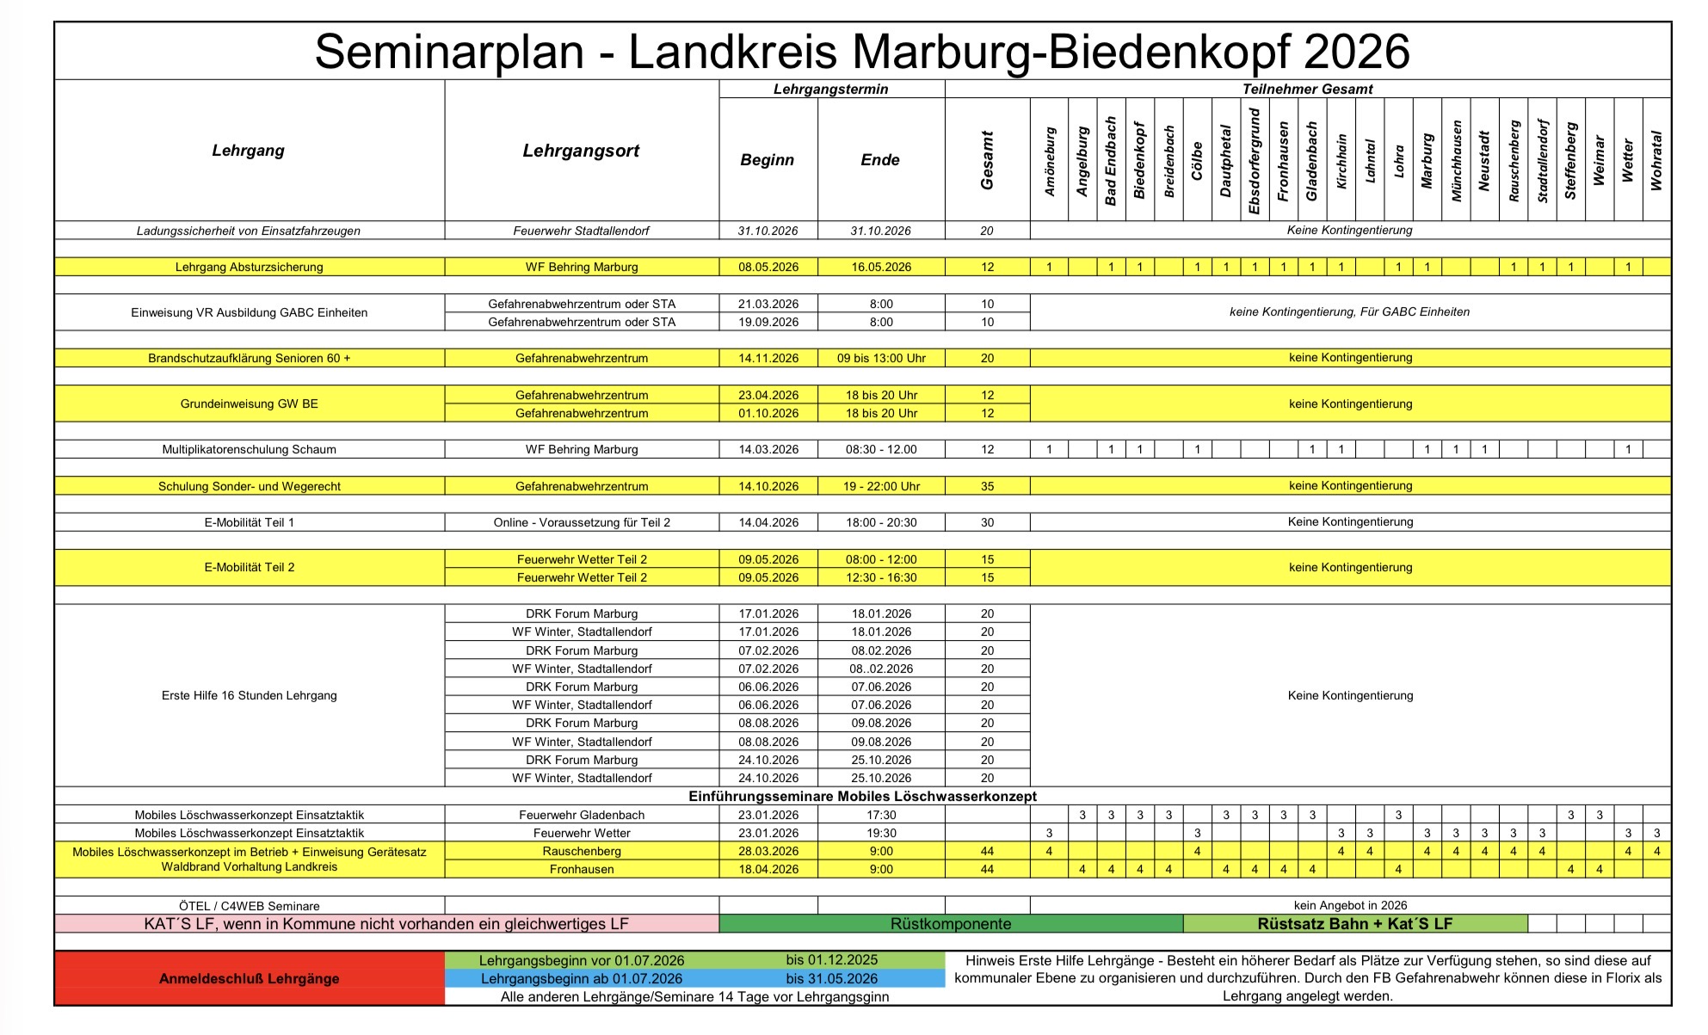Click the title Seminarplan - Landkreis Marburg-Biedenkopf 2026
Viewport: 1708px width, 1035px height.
[861, 52]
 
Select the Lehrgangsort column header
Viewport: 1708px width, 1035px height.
[581, 151]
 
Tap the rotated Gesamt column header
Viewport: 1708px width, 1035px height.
[987, 161]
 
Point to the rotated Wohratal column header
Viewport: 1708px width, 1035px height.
[1656, 161]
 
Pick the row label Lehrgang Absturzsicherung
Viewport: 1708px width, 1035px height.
[249, 268]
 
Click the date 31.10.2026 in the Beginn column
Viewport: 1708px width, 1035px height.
[768, 231]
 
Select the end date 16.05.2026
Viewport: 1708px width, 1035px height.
[881, 268]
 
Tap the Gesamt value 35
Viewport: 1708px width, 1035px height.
[987, 486]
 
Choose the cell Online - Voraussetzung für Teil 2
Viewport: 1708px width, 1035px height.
[582, 522]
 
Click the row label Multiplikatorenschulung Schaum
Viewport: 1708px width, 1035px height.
[249, 449]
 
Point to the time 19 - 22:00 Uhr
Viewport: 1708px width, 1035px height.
[881, 486]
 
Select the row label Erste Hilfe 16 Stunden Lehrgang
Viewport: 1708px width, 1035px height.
[249, 695]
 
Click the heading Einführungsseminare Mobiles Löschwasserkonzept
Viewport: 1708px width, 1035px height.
[862, 797]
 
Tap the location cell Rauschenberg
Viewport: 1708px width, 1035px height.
[582, 851]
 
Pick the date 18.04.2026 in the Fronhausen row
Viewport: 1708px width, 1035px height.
[768, 869]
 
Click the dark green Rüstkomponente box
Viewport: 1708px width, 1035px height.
[951, 924]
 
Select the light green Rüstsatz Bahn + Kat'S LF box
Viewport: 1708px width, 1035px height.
[1354, 924]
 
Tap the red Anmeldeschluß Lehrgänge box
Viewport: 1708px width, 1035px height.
[249, 978]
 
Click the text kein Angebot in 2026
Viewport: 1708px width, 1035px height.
[1350, 905]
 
